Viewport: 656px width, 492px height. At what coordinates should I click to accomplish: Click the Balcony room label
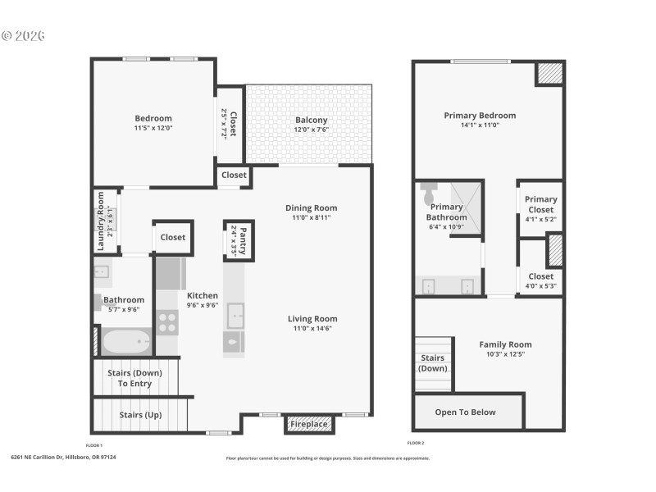(x=311, y=120)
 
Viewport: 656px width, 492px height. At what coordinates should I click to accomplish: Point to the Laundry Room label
(x=101, y=221)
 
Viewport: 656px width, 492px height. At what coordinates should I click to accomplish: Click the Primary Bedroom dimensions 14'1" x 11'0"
(x=480, y=125)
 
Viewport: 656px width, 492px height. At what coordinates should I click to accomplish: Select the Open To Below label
(x=465, y=412)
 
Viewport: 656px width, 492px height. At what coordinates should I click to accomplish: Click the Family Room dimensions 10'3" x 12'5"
(x=505, y=355)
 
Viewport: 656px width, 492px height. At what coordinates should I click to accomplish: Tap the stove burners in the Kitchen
(x=167, y=322)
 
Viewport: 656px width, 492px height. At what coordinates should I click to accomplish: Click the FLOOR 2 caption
(x=417, y=443)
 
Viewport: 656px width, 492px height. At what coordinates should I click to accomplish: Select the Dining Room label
(x=311, y=208)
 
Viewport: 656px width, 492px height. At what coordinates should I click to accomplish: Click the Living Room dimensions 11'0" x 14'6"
(x=312, y=329)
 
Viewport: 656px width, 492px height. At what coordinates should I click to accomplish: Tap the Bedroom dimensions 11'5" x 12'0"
(x=153, y=128)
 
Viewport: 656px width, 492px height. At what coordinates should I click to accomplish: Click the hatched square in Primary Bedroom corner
(x=549, y=74)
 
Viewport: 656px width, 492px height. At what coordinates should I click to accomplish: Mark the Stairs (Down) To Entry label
(x=134, y=378)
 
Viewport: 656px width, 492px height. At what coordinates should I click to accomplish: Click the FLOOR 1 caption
(x=95, y=445)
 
